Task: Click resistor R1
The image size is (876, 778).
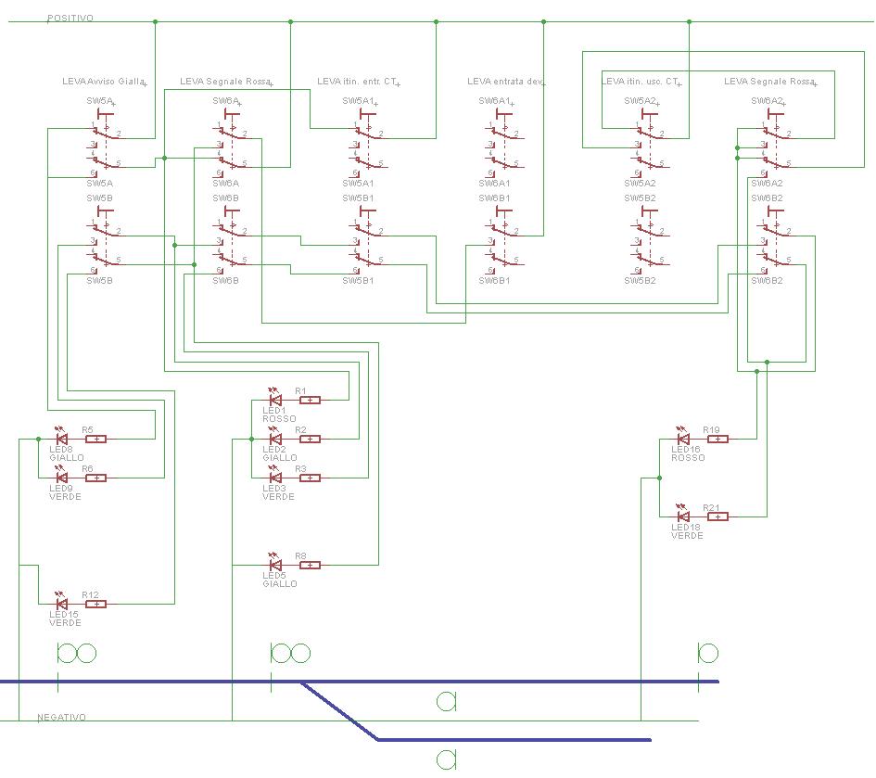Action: pyautogui.click(x=310, y=401)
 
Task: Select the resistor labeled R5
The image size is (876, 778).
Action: pyautogui.click(x=95, y=439)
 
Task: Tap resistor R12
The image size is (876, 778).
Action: pyautogui.click(x=95, y=604)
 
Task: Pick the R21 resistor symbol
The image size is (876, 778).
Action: pyautogui.click(x=717, y=517)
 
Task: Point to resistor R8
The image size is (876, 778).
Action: pyautogui.click(x=310, y=565)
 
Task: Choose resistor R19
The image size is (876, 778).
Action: pyautogui.click(x=717, y=439)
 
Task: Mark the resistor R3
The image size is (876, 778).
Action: pyautogui.click(x=310, y=478)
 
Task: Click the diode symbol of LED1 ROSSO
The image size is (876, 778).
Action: pyautogui.click(x=274, y=401)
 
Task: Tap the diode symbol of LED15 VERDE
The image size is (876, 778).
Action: pyautogui.click(x=61, y=604)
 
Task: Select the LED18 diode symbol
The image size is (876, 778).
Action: pyautogui.click(x=683, y=517)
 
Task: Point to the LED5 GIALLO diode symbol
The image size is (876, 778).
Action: pyautogui.click(x=274, y=565)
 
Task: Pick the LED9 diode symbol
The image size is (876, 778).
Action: pyautogui.click(x=61, y=478)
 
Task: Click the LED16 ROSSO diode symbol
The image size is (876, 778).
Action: pyautogui.click(x=683, y=439)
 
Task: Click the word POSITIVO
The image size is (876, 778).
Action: pyautogui.click(x=70, y=19)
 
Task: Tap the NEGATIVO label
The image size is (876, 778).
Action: pyautogui.click(x=62, y=718)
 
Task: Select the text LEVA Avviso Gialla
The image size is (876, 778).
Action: pyautogui.click(x=104, y=83)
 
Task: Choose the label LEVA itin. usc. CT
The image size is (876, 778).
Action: pyautogui.click(x=641, y=83)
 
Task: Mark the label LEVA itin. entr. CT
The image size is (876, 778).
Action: pyautogui.click(x=357, y=83)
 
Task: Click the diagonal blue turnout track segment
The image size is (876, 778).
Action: pyautogui.click(x=340, y=710)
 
